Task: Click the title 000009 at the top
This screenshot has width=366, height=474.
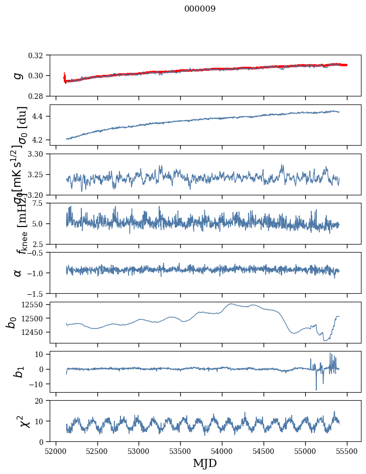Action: coord(200,9)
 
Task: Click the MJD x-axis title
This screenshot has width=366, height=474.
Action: coord(205,463)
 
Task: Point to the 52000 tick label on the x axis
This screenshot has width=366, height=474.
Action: coord(56,450)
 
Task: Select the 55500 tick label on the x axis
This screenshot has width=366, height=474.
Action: coord(346,450)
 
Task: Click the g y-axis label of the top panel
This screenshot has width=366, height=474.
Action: coord(18,75)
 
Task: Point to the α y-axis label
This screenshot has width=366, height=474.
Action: coord(18,273)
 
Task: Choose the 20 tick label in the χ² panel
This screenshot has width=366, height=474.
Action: coord(42,401)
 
